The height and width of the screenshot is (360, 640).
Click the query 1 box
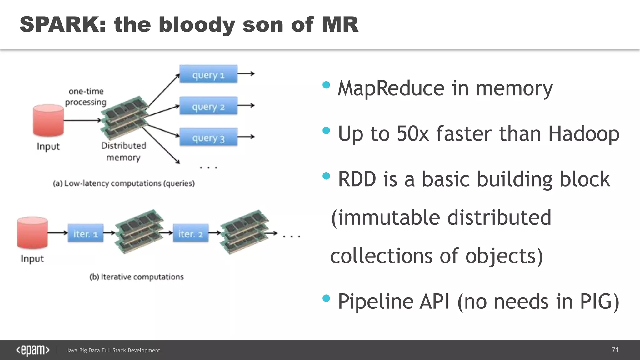coord(208,74)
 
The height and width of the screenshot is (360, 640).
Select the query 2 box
coord(208,106)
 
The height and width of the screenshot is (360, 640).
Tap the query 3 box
coord(208,137)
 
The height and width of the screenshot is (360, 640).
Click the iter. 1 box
coord(86,233)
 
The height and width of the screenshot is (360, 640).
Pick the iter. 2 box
coord(191,233)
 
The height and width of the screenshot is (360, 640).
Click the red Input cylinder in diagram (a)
coord(48,121)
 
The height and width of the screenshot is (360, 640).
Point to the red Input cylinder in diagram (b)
coord(32,233)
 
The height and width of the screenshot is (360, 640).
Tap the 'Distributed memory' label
coord(123,152)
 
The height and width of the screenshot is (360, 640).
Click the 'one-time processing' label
coord(86,97)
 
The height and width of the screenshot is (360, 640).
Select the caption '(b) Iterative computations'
coord(137,277)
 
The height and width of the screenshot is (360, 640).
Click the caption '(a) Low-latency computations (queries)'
coord(124,183)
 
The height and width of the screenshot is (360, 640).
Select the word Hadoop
coord(583,134)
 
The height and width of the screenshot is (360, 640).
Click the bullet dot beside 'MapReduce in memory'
coord(326,85)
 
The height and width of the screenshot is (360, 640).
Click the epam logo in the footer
coord(33,350)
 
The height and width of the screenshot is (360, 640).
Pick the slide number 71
coord(615,350)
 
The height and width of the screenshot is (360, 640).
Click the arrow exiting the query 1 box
coord(246,74)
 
